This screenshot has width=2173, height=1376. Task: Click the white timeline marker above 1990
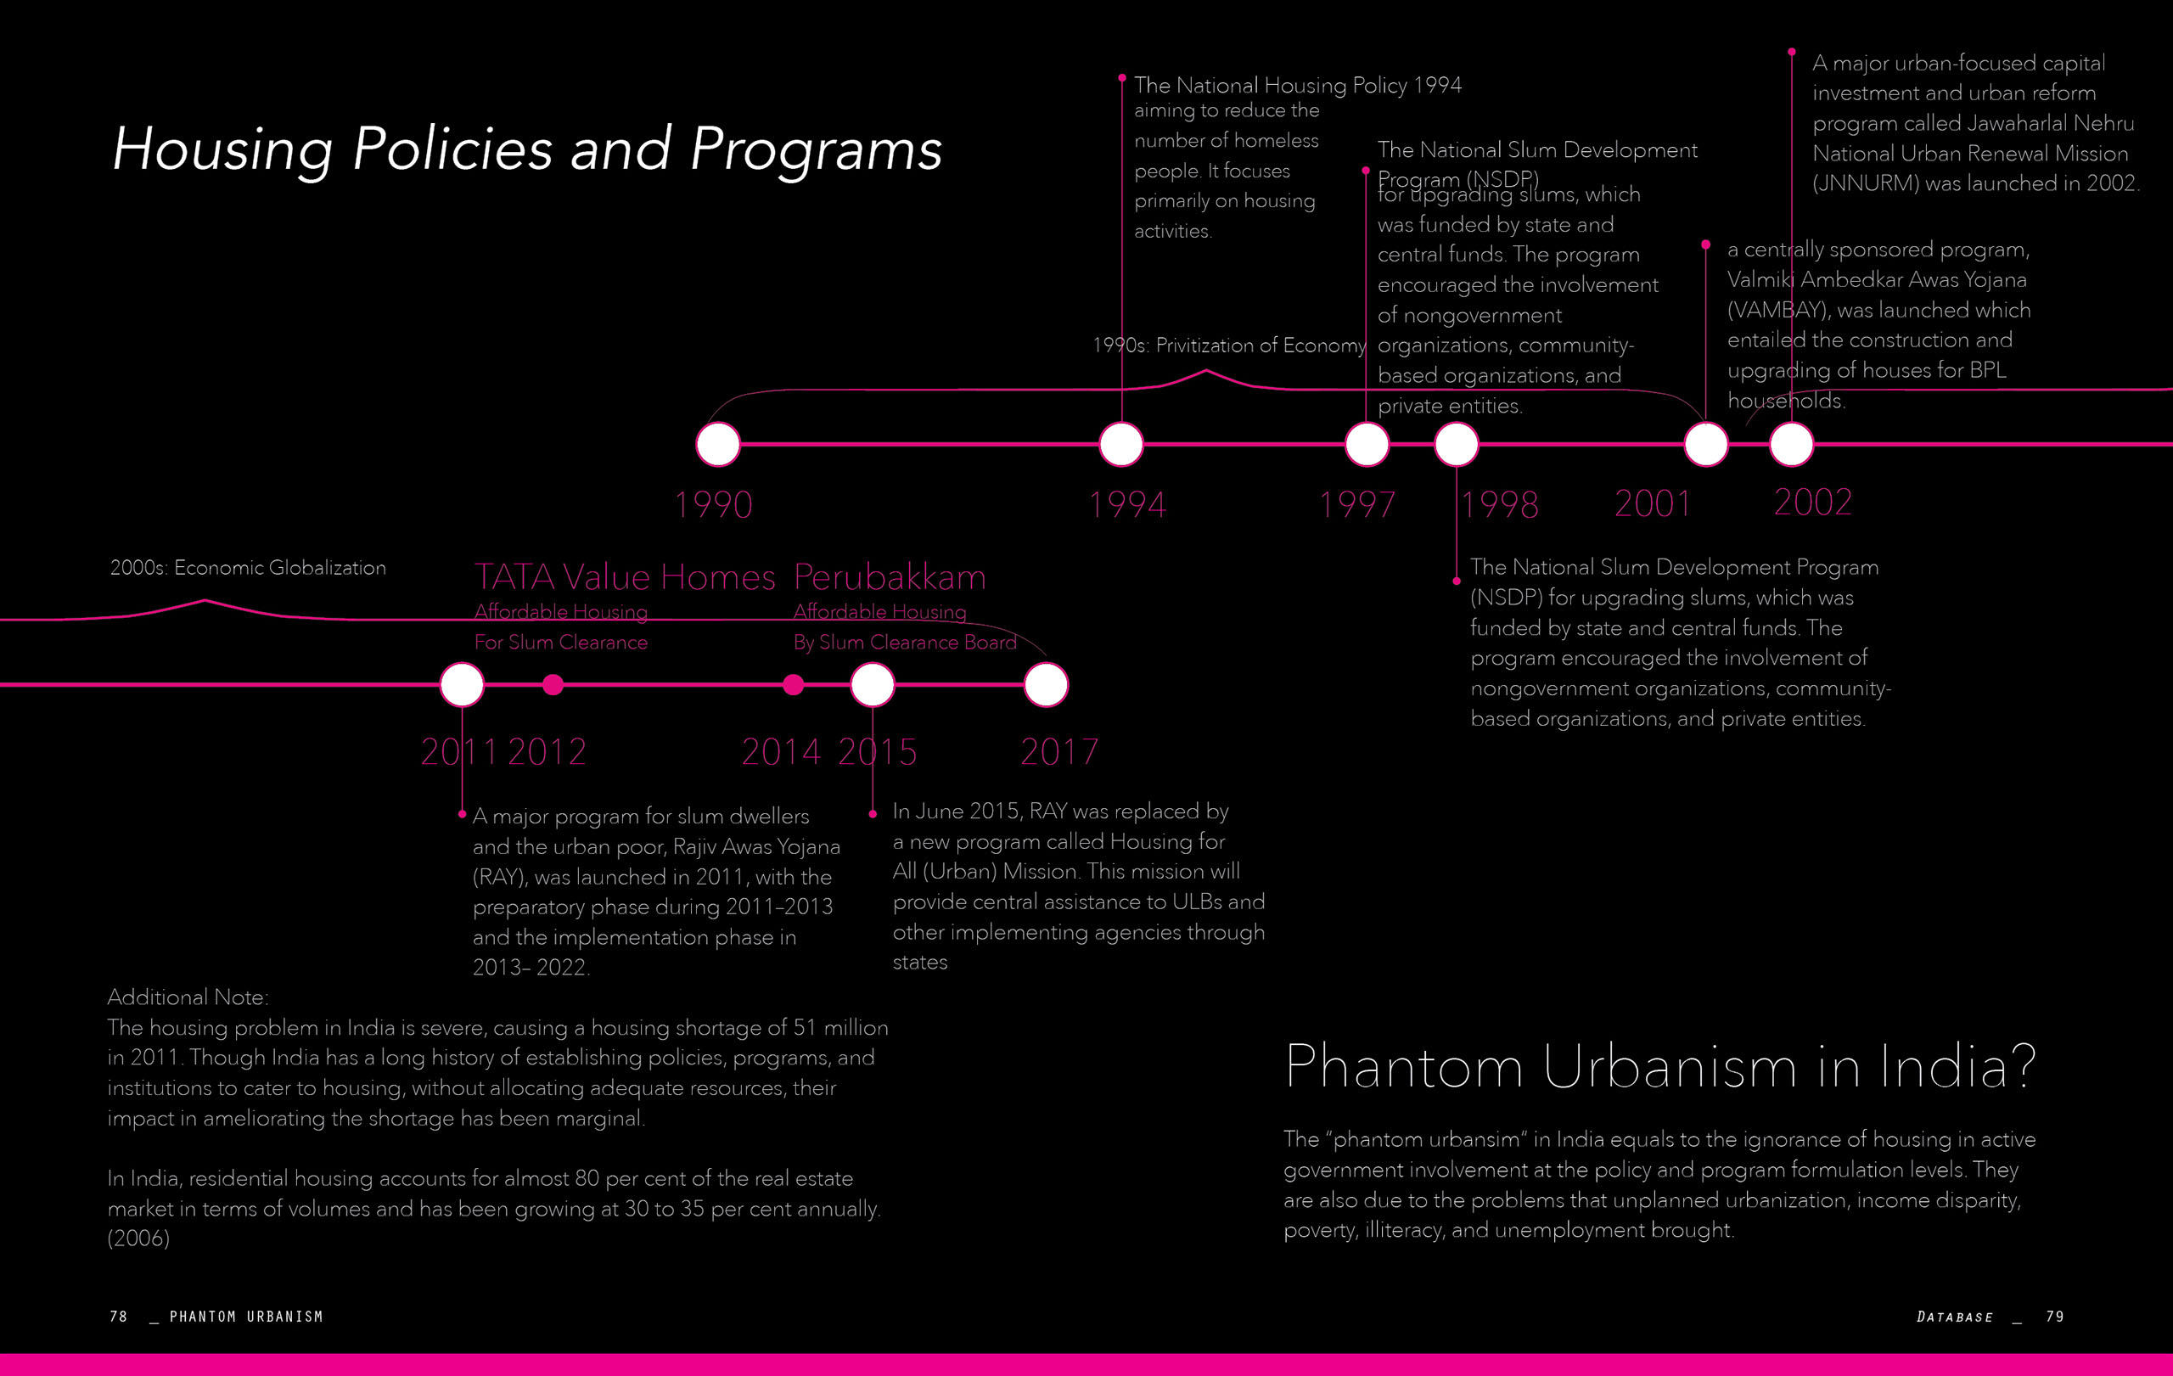[x=718, y=444]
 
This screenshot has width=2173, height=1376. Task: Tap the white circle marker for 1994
[x=1120, y=444]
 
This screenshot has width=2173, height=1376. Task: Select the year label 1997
[x=1356, y=503]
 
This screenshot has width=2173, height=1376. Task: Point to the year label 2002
[x=1812, y=502]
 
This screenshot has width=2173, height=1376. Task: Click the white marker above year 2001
[x=1705, y=444]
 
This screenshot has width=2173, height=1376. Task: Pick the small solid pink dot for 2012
[x=553, y=685]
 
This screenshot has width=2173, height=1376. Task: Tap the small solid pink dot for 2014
[x=793, y=685]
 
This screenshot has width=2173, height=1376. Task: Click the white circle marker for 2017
[x=1046, y=685]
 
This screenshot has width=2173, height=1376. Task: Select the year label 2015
[x=877, y=751]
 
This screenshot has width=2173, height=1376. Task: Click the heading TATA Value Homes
[x=625, y=577]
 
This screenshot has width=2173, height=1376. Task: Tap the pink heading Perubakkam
[x=889, y=577]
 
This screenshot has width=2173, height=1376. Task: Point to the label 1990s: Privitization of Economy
[x=1228, y=345]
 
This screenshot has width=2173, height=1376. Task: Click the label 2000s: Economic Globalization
[x=247, y=568]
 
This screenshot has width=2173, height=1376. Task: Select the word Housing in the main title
[x=223, y=149]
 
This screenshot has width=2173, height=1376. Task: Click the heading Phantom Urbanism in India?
[x=1659, y=1066]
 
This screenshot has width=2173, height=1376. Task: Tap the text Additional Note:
[x=188, y=997]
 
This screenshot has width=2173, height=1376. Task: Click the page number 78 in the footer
[x=118, y=1317]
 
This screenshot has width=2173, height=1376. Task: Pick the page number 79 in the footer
[x=2055, y=1317]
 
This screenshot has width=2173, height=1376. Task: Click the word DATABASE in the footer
[x=1955, y=1317]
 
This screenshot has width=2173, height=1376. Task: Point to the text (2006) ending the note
[x=138, y=1238]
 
